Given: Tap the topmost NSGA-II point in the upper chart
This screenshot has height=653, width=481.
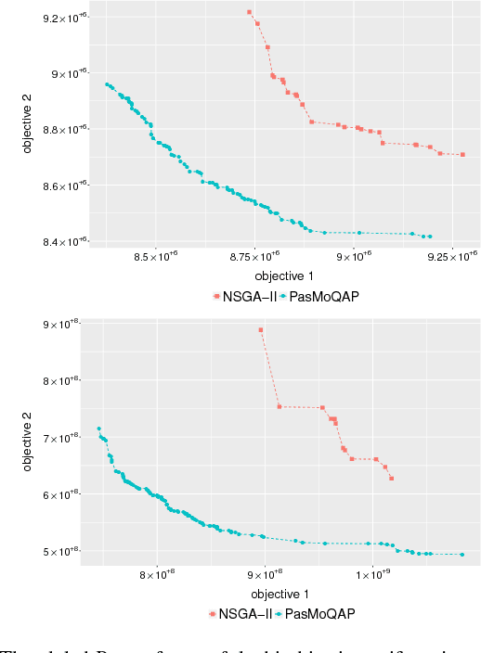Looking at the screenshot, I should pyautogui.click(x=250, y=12).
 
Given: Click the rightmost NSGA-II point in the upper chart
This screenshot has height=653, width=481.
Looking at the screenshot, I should pyautogui.click(x=462, y=155).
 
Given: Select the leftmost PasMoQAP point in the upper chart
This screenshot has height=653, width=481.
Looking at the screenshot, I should pyautogui.click(x=107, y=84).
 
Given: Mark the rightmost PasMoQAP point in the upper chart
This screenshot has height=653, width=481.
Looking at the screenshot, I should pyautogui.click(x=430, y=237).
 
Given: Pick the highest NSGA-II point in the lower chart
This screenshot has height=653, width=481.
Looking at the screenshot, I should pyautogui.click(x=261, y=330).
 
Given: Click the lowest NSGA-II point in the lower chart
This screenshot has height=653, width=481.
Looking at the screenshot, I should pyautogui.click(x=392, y=479).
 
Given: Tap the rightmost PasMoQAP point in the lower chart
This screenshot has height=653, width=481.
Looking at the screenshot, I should pyautogui.click(x=462, y=555).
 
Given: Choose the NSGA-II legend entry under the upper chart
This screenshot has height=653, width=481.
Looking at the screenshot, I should pyautogui.click(x=243, y=296).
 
